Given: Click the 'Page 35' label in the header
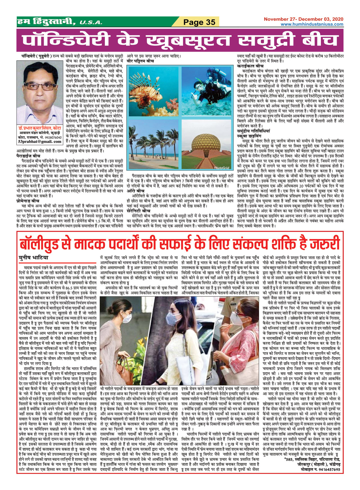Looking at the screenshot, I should click(199, 22).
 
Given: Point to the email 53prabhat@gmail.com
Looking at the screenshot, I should click(40, 141).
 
